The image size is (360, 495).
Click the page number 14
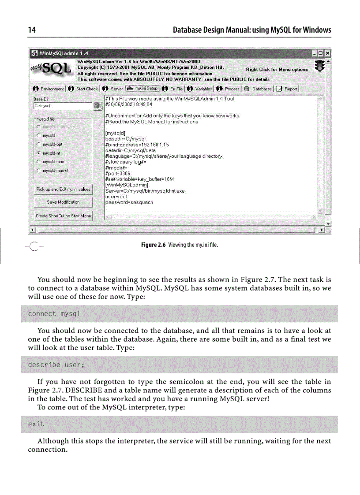[31, 30]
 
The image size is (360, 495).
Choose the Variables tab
[200, 89]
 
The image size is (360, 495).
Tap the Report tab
[288, 89]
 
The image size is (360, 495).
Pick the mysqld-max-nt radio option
[39, 170]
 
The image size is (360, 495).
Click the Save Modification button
[63, 202]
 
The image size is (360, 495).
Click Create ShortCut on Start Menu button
[63, 216]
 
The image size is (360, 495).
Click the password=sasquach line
[129, 203]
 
